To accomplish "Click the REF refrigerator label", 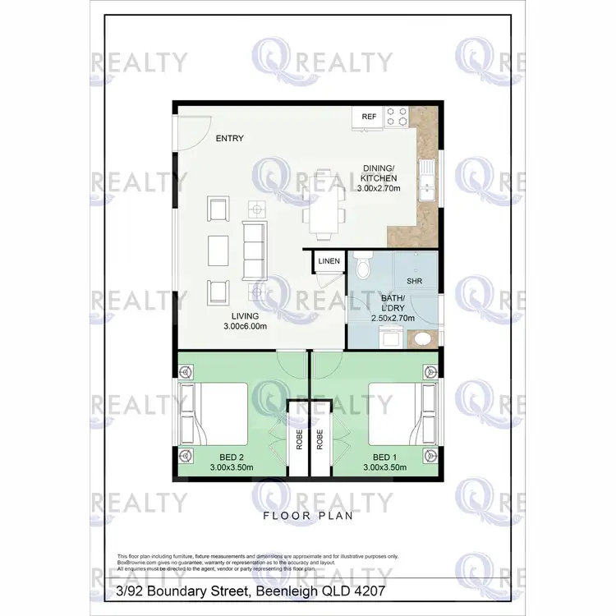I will pos(369,117).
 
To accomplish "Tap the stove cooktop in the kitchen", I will pos(398,117).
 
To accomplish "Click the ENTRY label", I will pos(229,139).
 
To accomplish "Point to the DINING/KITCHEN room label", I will pos(379,173).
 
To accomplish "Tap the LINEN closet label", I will pos(329,261).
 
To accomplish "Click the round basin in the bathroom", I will pos(422,338).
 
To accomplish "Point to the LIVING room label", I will pos(245,316).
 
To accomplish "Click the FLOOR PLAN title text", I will pos(307,517).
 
